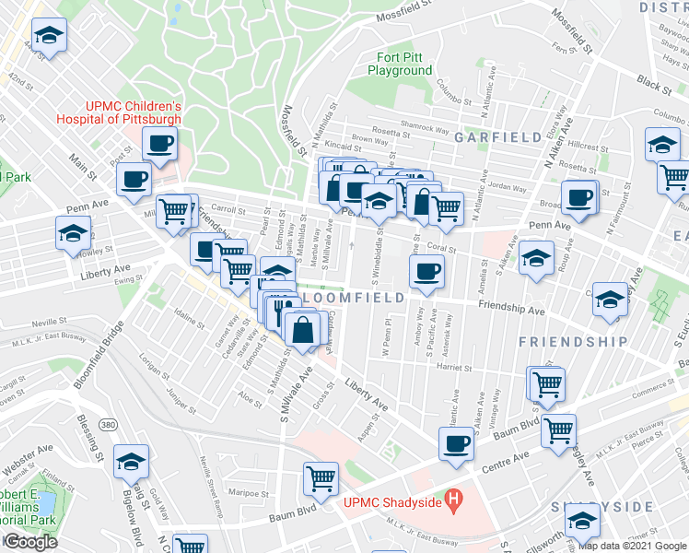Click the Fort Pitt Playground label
point(401,64)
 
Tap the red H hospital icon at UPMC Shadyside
point(452,501)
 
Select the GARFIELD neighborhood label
point(497,137)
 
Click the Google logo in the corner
point(29,542)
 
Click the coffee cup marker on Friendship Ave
point(426,271)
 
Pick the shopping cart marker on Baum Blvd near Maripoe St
point(321,477)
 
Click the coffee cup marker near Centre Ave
point(454,443)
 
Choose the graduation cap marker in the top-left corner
point(48,35)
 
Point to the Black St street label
point(655,84)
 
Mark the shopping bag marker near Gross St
point(303,328)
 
